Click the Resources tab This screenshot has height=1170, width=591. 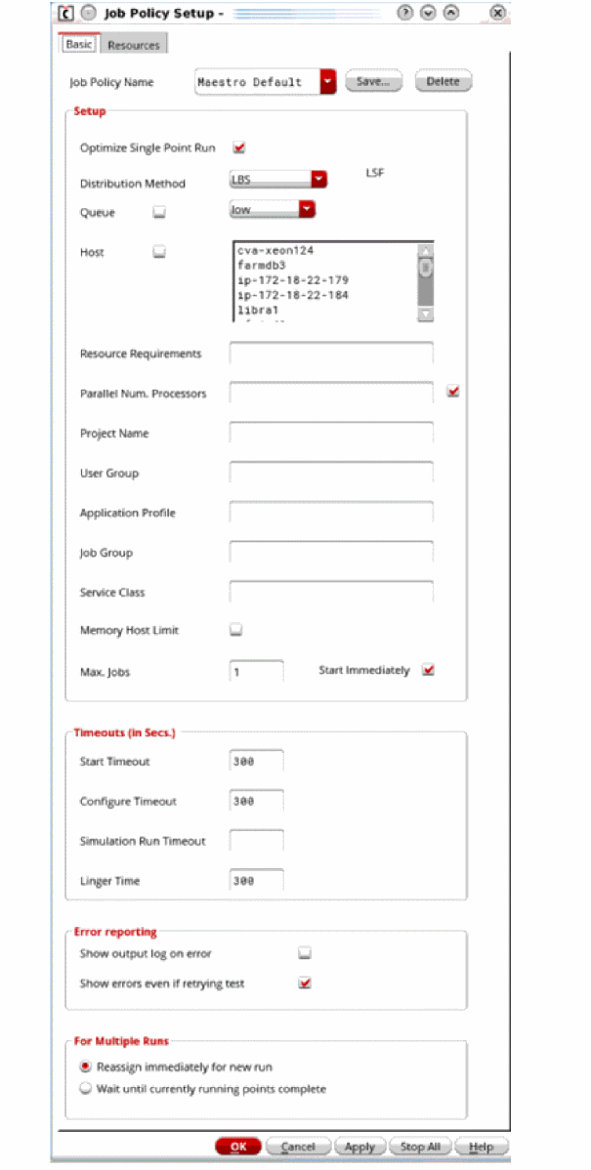pyautogui.click(x=134, y=45)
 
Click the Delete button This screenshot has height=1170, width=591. pyautogui.click(x=443, y=82)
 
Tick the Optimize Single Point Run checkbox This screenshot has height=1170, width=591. pyautogui.click(x=238, y=148)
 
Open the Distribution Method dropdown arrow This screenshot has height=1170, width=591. pyautogui.click(x=318, y=179)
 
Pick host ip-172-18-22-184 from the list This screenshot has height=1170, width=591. pyautogui.click(x=292, y=295)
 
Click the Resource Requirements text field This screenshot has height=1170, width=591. pyautogui.click(x=331, y=354)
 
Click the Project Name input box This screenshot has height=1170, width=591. pyautogui.click(x=331, y=433)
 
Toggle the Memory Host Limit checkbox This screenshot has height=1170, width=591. pyautogui.click(x=235, y=631)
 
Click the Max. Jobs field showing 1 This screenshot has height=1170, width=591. pyautogui.click(x=257, y=672)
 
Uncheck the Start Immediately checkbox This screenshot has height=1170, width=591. pyautogui.click(x=427, y=670)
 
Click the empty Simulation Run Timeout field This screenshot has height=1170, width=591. pyautogui.click(x=257, y=841)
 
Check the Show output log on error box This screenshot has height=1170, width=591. pyautogui.click(x=305, y=952)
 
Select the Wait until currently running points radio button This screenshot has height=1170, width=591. pyautogui.click(x=86, y=1088)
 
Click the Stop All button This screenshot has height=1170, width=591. pyautogui.click(x=420, y=1147)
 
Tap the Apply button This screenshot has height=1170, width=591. pyautogui.click(x=359, y=1147)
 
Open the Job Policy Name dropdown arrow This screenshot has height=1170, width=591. pyautogui.click(x=327, y=82)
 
